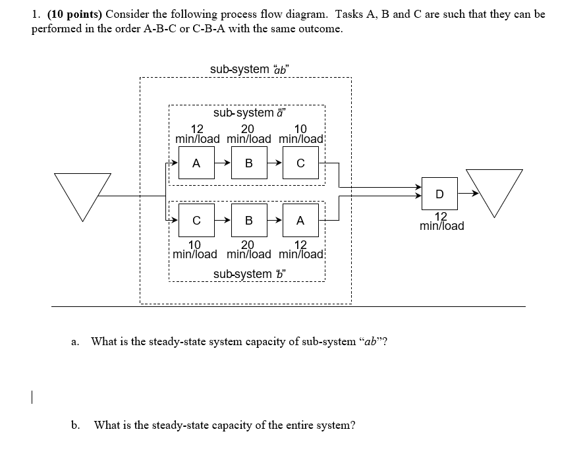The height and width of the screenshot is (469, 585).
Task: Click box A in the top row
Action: point(196,164)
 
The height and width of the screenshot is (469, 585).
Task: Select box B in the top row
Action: point(248,164)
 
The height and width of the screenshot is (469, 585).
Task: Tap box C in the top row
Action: point(300,164)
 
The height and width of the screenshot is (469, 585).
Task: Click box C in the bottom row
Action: point(196,221)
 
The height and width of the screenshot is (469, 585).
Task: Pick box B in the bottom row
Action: point(248,221)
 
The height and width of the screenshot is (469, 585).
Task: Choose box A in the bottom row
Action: point(300,221)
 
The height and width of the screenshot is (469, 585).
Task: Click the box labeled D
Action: point(439,194)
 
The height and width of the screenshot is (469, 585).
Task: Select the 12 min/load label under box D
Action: point(441,221)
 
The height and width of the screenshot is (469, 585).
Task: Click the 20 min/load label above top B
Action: point(248,134)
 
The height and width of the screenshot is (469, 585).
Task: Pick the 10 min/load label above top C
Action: point(301,134)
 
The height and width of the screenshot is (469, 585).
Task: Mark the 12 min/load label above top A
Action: point(197,134)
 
